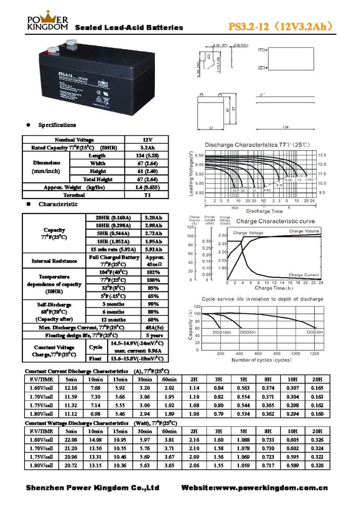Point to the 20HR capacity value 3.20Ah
coord(153,217)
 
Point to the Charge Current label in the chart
coord(304,274)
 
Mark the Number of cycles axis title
coord(261,360)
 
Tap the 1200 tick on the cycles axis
coord(314,353)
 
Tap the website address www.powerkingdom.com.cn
coord(274,487)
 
